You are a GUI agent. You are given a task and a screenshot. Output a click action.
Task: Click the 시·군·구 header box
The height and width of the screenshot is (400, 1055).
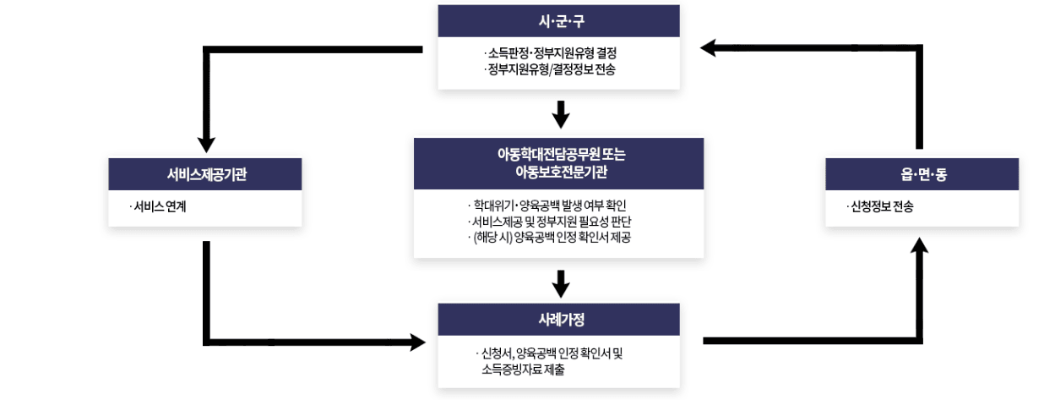(559, 21)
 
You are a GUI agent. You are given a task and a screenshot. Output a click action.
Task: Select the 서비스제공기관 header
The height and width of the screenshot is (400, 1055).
(205, 174)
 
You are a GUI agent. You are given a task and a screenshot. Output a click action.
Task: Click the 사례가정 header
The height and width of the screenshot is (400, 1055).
(559, 320)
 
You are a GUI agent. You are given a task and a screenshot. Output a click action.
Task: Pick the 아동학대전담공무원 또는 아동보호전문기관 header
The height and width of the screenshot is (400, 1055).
(559, 163)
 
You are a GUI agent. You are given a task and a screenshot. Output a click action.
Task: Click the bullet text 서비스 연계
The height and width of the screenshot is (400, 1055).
(158, 205)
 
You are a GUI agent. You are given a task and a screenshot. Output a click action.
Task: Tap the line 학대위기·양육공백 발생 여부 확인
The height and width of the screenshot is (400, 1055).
(549, 205)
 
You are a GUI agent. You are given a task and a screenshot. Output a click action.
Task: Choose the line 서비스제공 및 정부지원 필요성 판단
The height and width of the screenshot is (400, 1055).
(552, 222)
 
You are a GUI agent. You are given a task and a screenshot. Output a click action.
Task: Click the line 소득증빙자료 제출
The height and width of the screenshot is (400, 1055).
(524, 370)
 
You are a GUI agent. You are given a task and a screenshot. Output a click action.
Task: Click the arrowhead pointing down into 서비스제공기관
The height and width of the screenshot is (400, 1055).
(205, 145)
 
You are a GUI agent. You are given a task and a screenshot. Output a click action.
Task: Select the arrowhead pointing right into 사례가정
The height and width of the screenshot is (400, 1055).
(416, 342)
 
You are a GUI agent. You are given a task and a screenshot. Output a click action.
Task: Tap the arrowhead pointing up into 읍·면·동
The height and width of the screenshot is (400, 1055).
(921, 246)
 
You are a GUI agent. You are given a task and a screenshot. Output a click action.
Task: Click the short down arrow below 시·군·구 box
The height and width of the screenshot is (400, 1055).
(559, 114)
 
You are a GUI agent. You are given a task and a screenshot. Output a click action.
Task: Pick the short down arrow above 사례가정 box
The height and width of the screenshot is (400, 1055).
(559, 282)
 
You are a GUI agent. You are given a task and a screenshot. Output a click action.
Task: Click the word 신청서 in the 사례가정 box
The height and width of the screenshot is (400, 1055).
(495, 353)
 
